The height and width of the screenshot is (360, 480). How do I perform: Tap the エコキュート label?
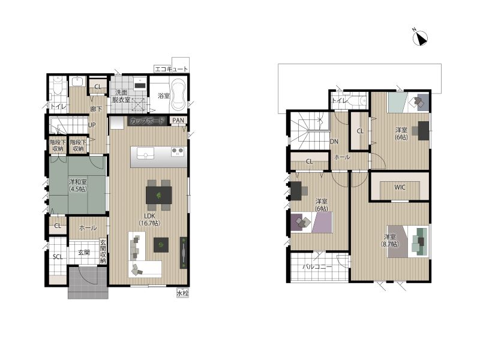(x=171, y=69)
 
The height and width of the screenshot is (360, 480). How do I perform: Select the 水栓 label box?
(x=182, y=293)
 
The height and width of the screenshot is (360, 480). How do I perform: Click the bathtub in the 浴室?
(x=178, y=95)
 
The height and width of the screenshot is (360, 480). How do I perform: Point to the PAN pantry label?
(x=178, y=121)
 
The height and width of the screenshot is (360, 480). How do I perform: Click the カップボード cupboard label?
(x=148, y=121)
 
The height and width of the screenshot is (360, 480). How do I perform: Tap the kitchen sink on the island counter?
(x=146, y=153)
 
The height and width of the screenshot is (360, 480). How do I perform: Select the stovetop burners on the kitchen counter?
(x=178, y=152)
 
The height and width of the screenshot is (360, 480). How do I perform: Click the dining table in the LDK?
(x=158, y=195)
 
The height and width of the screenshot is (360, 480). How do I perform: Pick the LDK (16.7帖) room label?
(x=149, y=220)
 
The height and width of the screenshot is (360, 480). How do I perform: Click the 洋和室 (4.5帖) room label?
(x=78, y=185)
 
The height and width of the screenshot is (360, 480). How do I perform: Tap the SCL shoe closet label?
(x=58, y=257)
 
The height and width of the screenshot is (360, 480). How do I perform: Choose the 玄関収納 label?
(x=103, y=251)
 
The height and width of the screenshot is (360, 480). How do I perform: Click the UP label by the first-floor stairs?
(x=92, y=125)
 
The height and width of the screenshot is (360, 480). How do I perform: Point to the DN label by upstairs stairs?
(x=334, y=142)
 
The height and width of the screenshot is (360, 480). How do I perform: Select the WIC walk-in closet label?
(x=400, y=187)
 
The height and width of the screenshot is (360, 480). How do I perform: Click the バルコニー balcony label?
(x=317, y=266)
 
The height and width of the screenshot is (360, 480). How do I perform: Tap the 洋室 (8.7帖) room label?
(x=390, y=241)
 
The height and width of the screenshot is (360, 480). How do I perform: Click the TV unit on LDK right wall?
(x=184, y=253)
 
